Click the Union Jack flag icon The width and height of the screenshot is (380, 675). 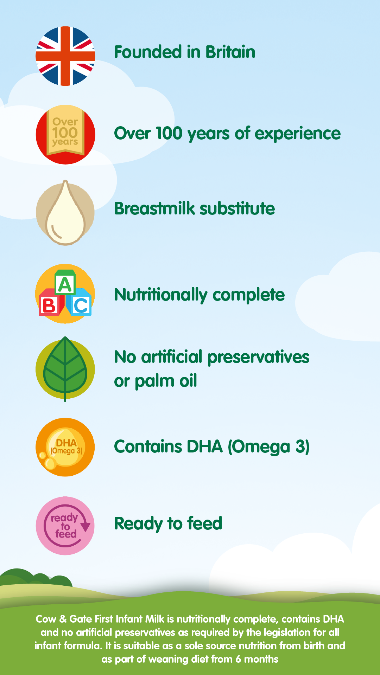(65, 56)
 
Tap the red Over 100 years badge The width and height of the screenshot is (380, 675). (65, 135)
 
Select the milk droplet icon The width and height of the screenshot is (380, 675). (65, 213)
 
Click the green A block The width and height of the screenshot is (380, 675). (65, 283)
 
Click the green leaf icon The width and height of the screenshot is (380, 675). (65, 369)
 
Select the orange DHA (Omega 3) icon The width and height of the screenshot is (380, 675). (65, 447)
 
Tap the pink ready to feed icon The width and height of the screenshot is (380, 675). (65, 526)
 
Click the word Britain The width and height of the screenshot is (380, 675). (230, 52)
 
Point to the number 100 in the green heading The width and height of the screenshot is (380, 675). (169, 133)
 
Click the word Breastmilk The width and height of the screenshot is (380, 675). (154, 208)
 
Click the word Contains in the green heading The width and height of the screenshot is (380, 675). (148, 447)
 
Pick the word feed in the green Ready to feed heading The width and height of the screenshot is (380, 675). (205, 523)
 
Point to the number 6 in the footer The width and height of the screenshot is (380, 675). (238, 659)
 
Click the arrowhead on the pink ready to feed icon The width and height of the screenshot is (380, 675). (85, 526)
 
